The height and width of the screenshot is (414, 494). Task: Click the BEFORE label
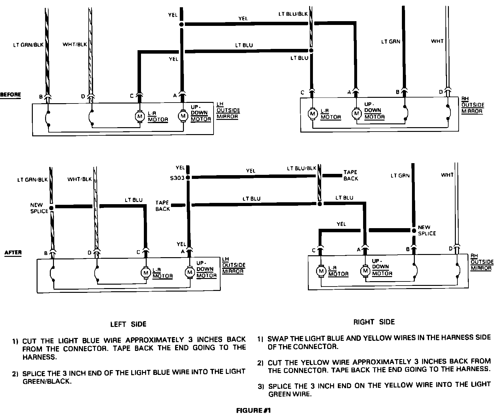10,95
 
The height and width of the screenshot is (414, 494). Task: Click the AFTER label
13,252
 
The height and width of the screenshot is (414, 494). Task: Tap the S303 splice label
177,178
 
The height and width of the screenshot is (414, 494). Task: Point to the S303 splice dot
188,178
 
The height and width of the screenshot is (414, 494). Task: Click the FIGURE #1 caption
253,410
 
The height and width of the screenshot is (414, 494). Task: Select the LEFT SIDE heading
128,324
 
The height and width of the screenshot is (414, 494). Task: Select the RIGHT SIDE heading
374,322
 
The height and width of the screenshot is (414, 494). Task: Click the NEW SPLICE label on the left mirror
39,208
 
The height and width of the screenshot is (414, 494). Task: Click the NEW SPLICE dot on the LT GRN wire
414,230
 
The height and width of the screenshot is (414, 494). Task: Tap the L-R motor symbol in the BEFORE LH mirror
139,116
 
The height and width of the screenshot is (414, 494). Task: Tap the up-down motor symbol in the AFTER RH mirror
365,271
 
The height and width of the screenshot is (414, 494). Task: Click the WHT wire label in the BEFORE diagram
437,41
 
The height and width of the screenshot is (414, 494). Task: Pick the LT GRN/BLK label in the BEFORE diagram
28,45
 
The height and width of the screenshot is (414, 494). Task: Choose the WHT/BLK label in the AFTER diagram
79,179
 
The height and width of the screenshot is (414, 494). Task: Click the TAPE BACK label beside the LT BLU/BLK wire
351,175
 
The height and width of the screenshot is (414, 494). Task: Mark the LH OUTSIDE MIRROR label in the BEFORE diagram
228,110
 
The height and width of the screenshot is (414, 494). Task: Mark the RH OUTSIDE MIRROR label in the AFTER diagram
482,262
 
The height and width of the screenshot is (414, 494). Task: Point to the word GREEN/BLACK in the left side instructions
47,381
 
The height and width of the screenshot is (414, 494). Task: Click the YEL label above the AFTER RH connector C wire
341,224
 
